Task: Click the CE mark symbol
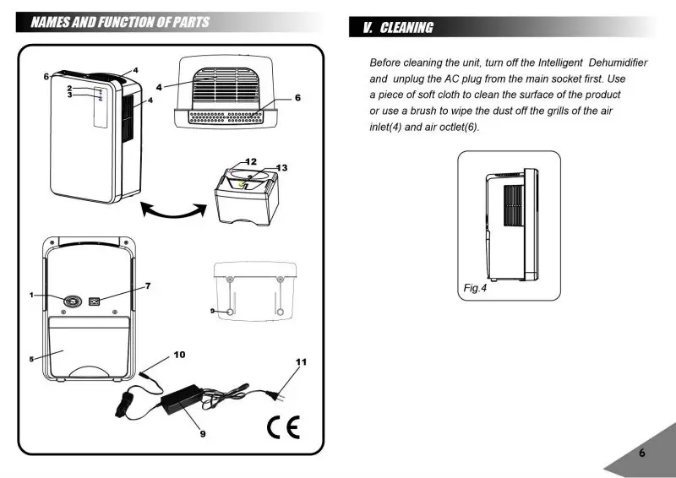(x=283, y=427)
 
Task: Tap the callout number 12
(x=251, y=161)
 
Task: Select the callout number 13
(x=281, y=168)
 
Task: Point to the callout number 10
(x=179, y=355)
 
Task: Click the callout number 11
(x=302, y=362)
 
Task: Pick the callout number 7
(x=148, y=285)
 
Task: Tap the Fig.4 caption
(x=475, y=288)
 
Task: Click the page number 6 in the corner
(x=642, y=453)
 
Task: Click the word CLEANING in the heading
(x=406, y=28)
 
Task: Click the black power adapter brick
(x=183, y=399)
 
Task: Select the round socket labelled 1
(x=73, y=301)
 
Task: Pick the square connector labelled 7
(x=94, y=301)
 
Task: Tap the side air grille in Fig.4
(x=514, y=205)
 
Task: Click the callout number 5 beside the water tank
(x=31, y=359)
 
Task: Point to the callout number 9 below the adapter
(x=203, y=433)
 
